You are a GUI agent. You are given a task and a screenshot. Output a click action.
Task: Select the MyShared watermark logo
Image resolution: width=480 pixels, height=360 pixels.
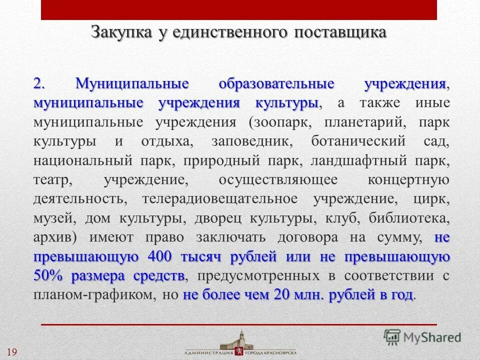(x=422, y=337)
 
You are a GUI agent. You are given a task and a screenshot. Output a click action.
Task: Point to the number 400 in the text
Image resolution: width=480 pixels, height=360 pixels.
(x=160, y=257)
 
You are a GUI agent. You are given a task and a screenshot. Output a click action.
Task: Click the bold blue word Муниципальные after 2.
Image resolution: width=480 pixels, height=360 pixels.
(x=131, y=84)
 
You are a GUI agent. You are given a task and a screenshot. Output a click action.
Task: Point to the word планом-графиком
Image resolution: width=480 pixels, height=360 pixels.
(x=94, y=295)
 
